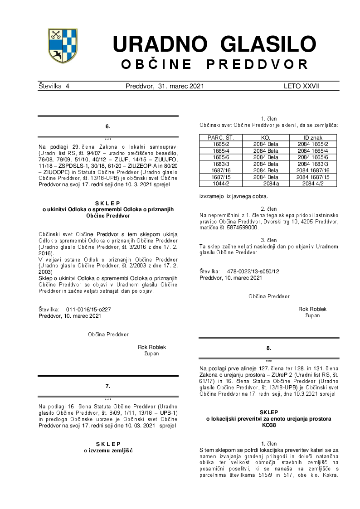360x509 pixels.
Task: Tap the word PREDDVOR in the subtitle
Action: click(x=258, y=64)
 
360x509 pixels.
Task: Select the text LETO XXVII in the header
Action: click(x=302, y=86)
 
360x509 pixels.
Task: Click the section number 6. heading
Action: click(x=107, y=126)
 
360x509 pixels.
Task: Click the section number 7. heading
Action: click(x=107, y=386)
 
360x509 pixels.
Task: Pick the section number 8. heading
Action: click(x=268, y=348)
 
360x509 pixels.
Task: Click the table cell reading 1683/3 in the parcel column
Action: click(x=220, y=164)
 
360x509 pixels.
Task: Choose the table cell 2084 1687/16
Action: click(x=312, y=170)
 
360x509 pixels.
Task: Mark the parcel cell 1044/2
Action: click(x=220, y=184)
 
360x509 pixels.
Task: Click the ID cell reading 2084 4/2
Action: click(x=312, y=184)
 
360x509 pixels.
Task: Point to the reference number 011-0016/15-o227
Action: click(x=88, y=310)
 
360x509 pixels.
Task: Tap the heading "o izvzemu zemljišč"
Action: click(x=107, y=450)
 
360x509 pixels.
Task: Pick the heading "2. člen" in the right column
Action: click(x=268, y=208)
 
